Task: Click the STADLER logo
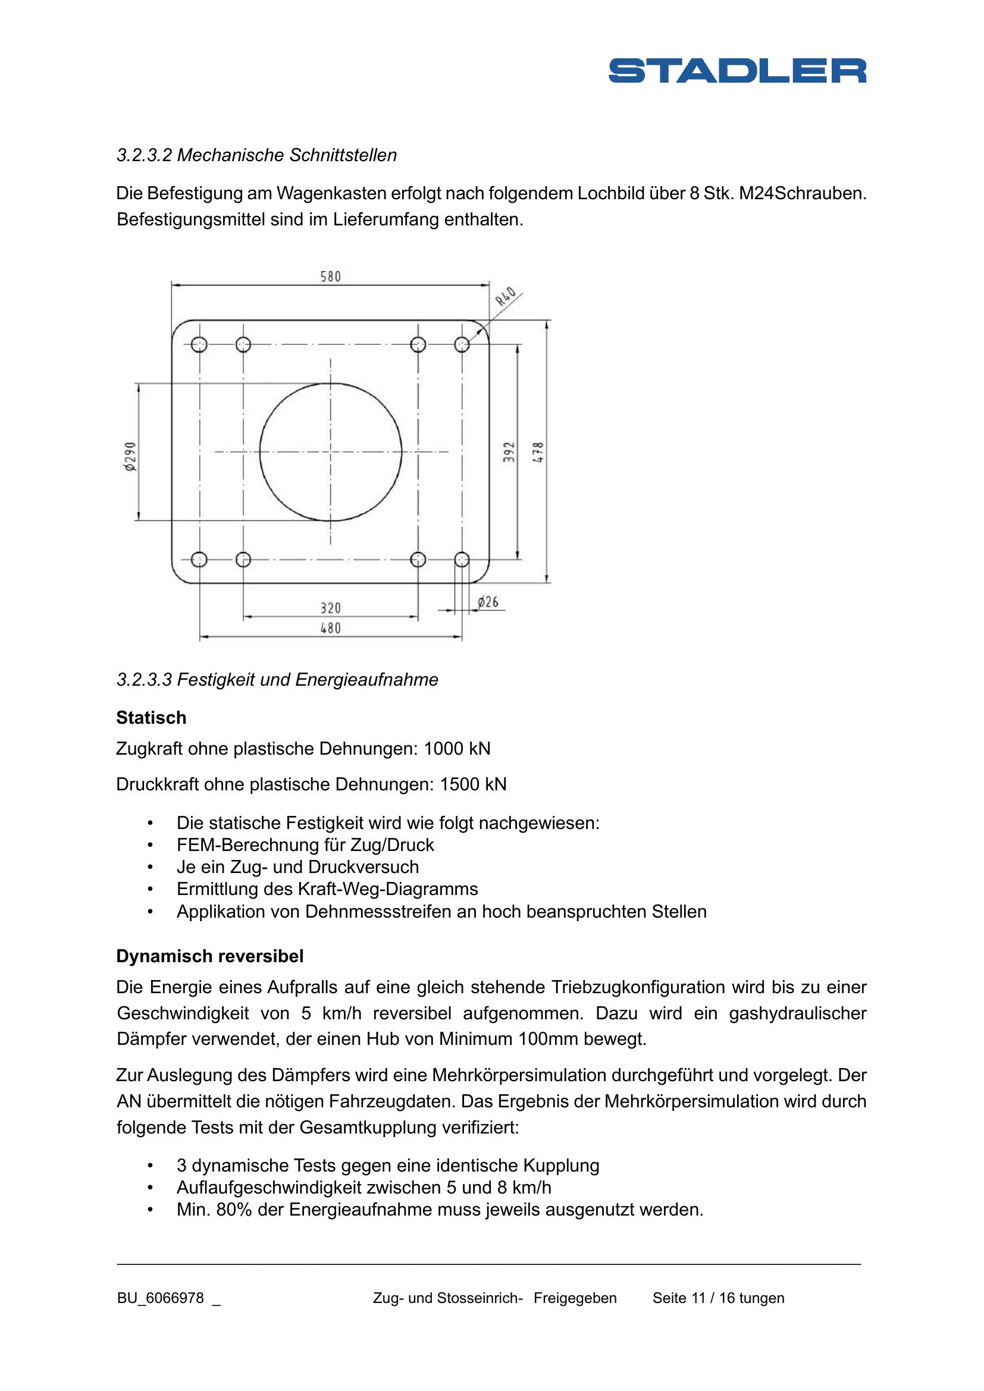[x=737, y=71]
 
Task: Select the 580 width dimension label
[x=330, y=277]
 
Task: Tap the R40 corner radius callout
[x=505, y=296]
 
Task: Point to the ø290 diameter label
[x=130, y=456]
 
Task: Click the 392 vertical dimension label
[x=509, y=452]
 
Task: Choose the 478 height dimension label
[x=538, y=452]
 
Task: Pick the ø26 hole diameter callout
[x=488, y=602]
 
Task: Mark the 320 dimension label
[x=330, y=608]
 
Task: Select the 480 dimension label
[x=330, y=628]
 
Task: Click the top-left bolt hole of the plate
[x=199, y=345]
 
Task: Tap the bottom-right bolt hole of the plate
[x=462, y=559]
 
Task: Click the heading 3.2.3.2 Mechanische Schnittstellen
[x=256, y=155]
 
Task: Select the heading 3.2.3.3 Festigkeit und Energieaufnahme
[x=277, y=680]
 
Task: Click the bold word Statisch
[x=151, y=718]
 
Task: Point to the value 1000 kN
[x=457, y=749]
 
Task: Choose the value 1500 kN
[x=472, y=784]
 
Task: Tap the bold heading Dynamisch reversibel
[x=209, y=957]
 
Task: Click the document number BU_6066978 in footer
[x=161, y=1298]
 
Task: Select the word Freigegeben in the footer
[x=575, y=1298]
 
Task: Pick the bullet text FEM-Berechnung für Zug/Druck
[x=305, y=845]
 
